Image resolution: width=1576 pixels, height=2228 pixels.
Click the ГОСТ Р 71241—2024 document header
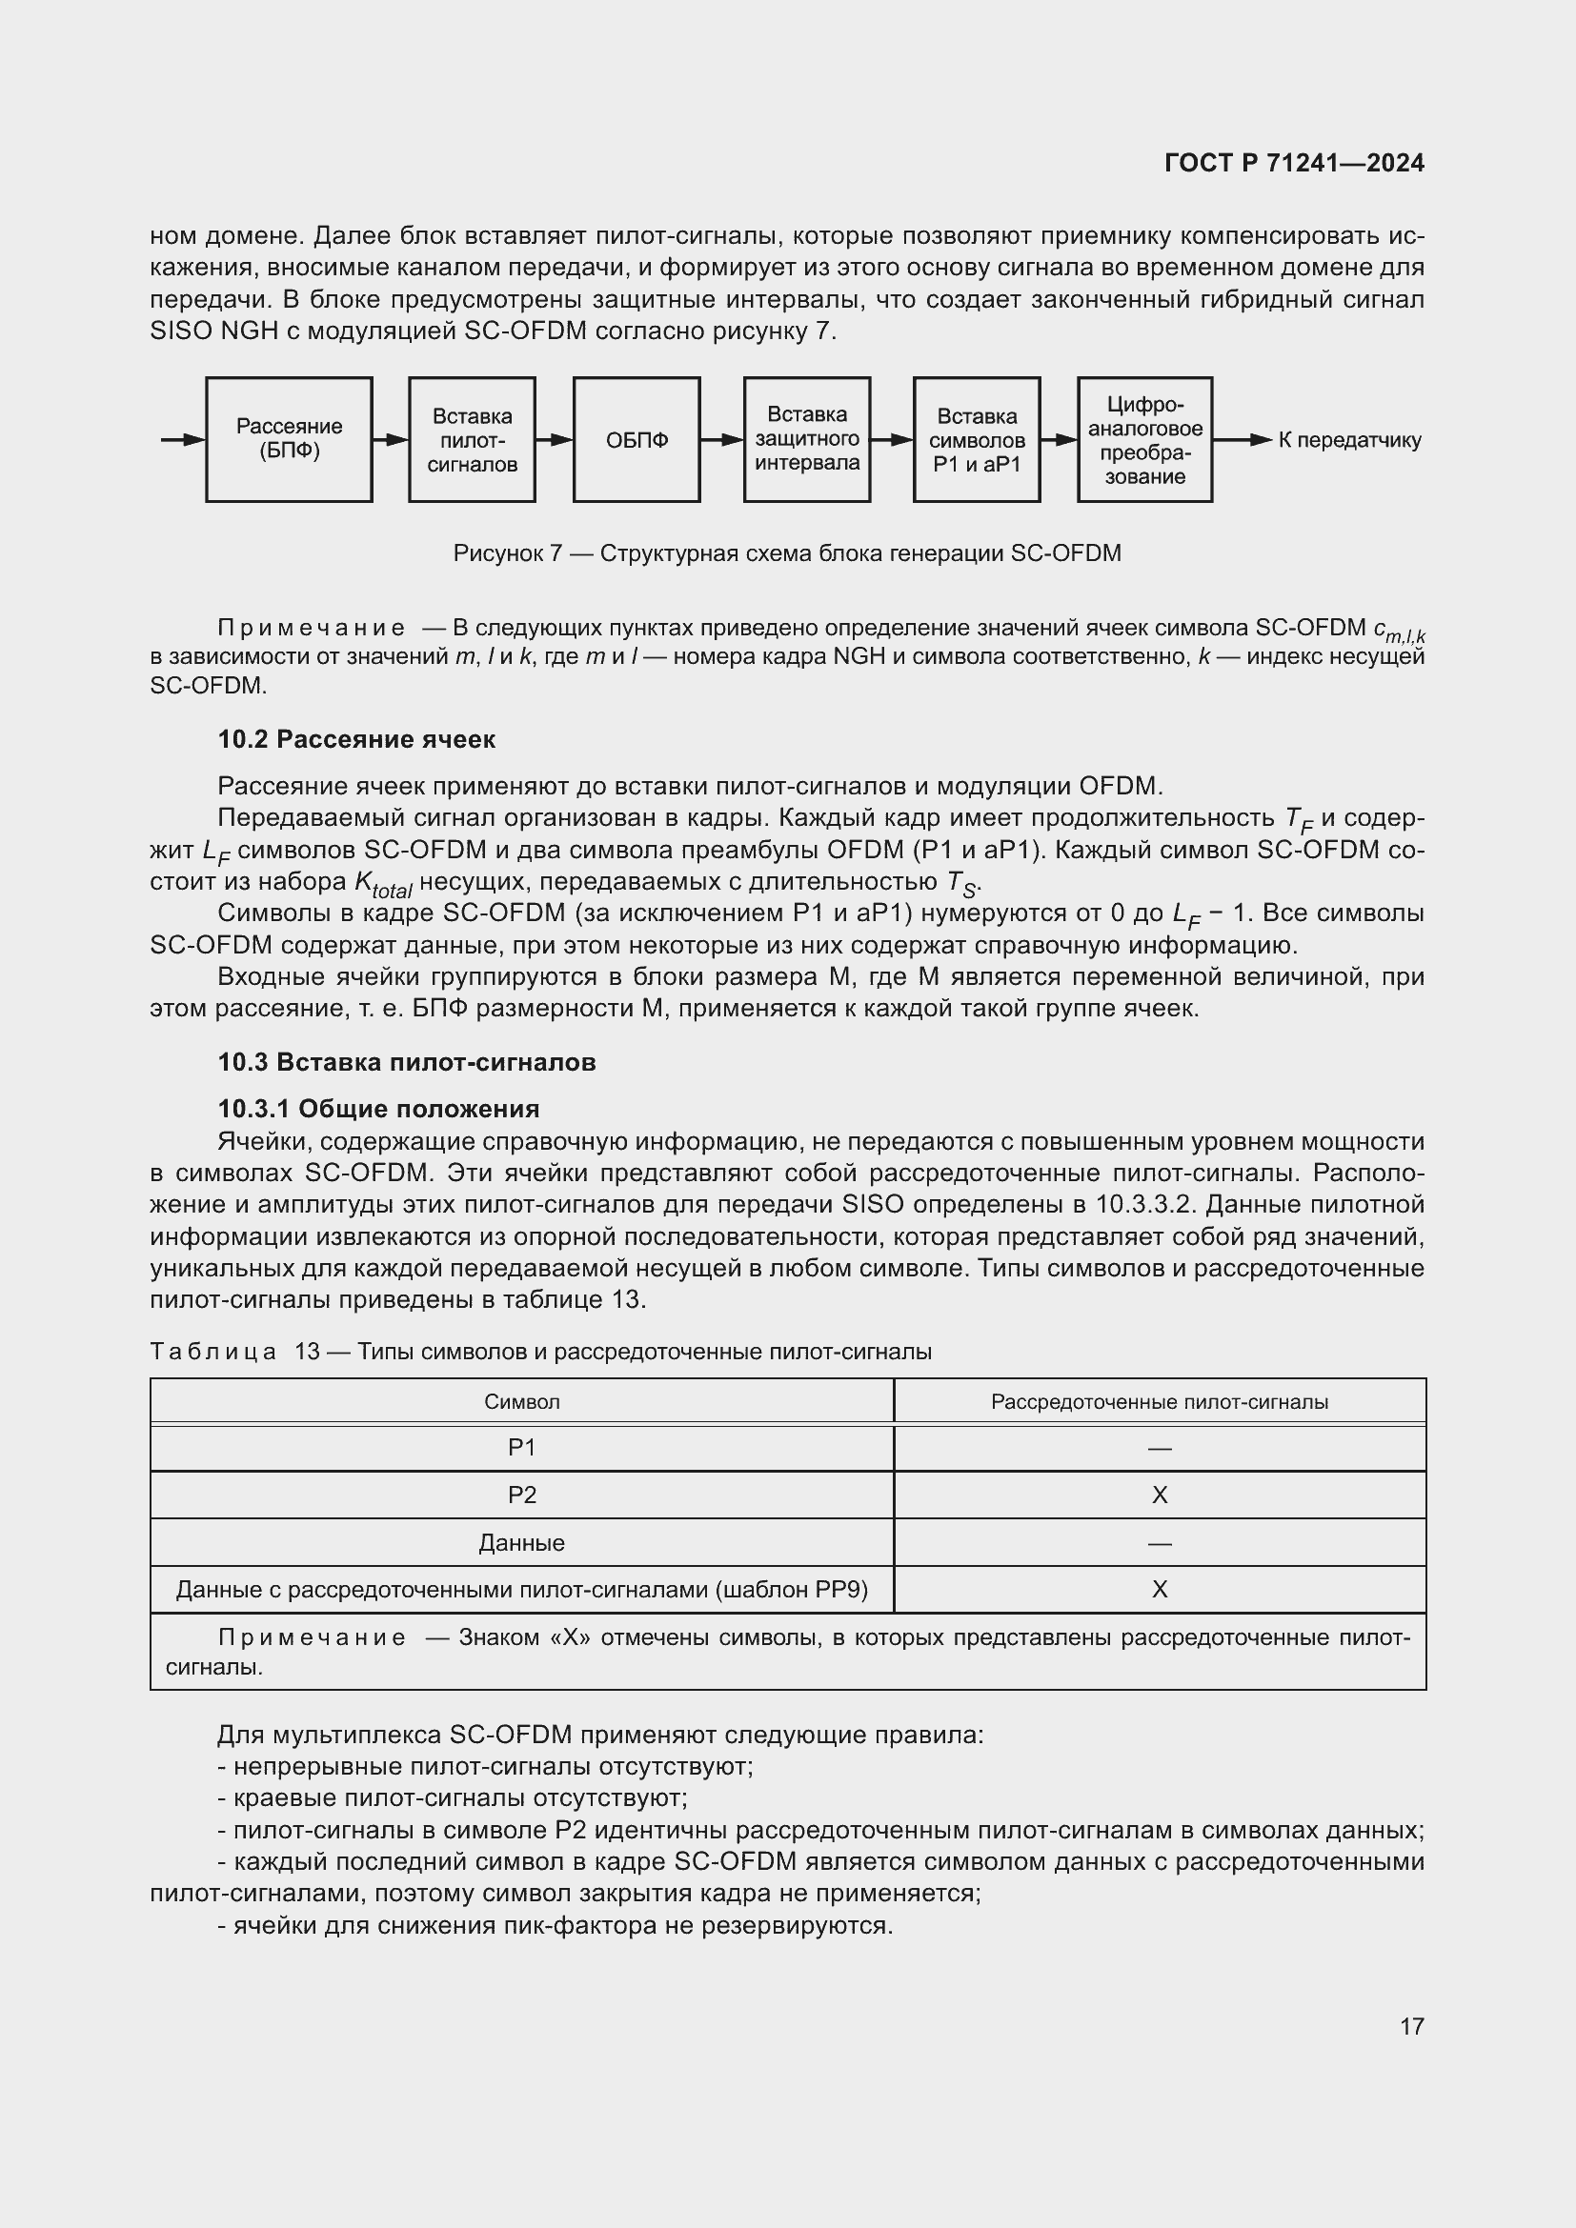(x=1294, y=163)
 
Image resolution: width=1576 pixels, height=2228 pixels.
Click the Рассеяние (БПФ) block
(x=290, y=439)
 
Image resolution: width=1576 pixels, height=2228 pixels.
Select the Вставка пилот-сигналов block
(x=472, y=439)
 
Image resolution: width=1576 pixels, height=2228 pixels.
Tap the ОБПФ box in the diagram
(x=636, y=439)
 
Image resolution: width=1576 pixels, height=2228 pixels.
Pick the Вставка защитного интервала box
(x=806, y=439)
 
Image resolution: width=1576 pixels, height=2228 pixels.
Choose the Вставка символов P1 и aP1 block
(x=977, y=439)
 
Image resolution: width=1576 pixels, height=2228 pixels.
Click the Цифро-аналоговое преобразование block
(x=1144, y=439)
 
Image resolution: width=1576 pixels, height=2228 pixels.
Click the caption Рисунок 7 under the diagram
(x=787, y=553)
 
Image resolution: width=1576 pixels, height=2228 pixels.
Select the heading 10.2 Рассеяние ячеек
(x=356, y=739)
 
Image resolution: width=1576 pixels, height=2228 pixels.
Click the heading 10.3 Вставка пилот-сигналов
(x=407, y=1061)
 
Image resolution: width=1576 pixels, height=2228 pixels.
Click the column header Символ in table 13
(x=522, y=1401)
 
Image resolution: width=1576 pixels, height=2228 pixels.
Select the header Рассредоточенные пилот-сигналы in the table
(x=1160, y=1401)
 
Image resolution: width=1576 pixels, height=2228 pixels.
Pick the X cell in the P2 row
(x=1160, y=1495)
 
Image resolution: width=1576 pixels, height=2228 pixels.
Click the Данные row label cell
(x=522, y=1543)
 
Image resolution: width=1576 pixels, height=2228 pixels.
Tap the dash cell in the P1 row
(x=1160, y=1449)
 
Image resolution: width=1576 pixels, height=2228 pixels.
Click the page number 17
(x=1412, y=2026)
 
